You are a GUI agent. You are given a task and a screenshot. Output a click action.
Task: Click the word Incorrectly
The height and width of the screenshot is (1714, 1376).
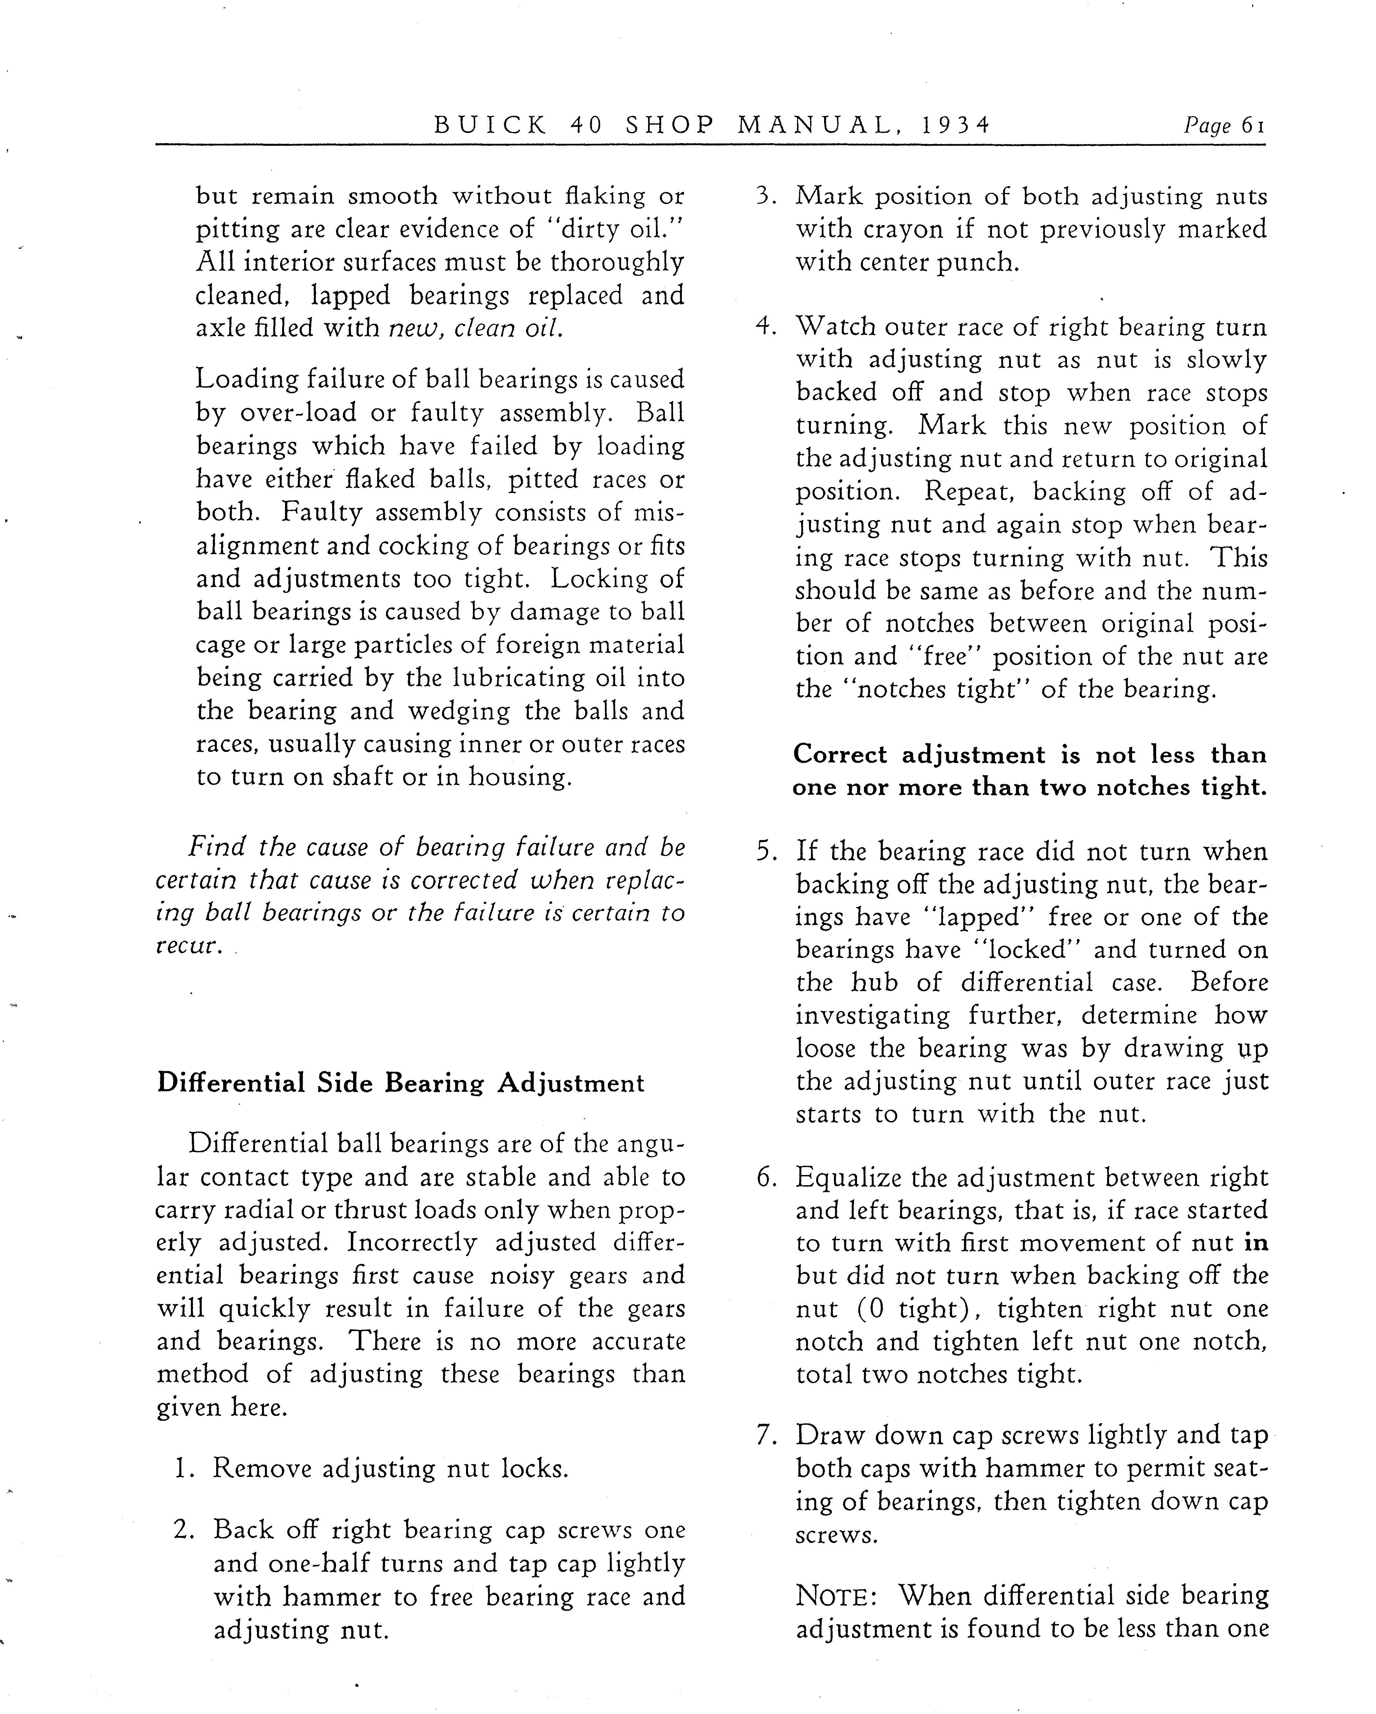click(x=413, y=1242)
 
